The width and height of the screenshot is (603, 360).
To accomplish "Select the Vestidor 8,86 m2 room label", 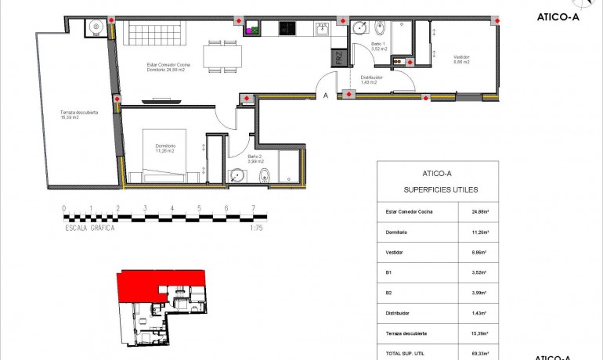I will pos(461,59).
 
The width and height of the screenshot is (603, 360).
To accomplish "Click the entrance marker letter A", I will pos(325,96).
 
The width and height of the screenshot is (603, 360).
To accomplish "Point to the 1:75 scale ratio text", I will pos(255,228).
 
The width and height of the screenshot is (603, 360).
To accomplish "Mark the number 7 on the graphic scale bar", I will pos(252,209).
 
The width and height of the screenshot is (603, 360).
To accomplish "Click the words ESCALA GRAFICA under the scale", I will pos(90,228).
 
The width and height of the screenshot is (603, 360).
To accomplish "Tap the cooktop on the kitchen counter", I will pos(287,29).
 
